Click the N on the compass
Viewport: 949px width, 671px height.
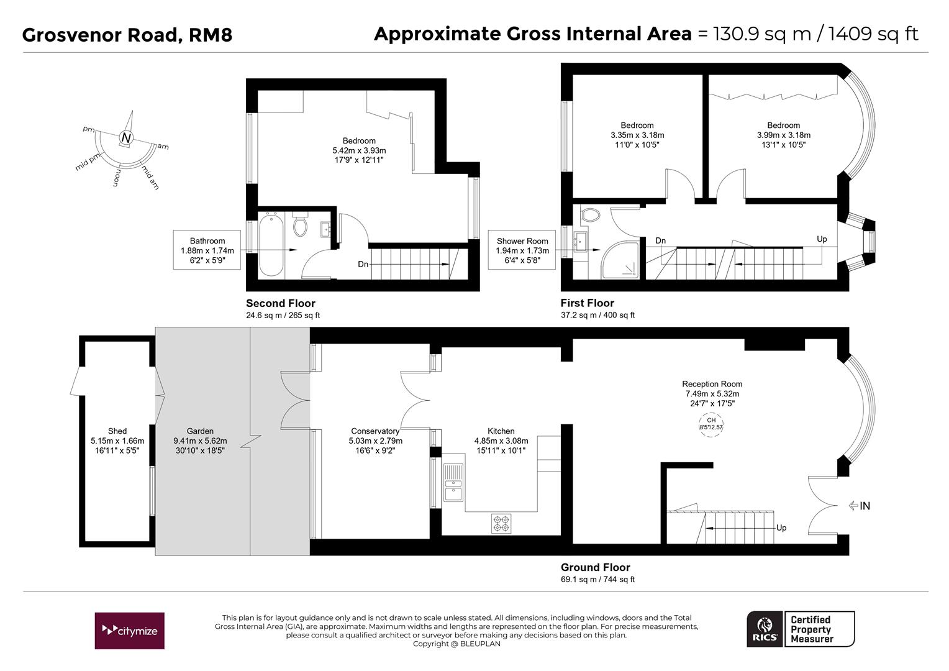(x=126, y=138)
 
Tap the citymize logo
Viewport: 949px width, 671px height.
(x=129, y=631)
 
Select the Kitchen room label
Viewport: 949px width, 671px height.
(x=501, y=431)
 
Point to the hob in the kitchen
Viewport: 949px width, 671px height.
(x=501, y=523)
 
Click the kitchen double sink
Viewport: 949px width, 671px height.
(x=453, y=483)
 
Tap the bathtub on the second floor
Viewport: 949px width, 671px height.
(x=271, y=245)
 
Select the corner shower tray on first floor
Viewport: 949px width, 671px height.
(x=619, y=260)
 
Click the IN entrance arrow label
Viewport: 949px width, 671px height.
(x=860, y=506)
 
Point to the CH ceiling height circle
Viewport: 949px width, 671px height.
(x=711, y=424)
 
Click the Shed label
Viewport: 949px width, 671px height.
(x=117, y=431)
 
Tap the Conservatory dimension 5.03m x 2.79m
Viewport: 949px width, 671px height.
(x=375, y=441)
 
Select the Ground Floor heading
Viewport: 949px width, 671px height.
(x=595, y=567)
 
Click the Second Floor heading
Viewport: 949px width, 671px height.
(x=281, y=303)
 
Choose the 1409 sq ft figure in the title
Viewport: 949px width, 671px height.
(x=873, y=34)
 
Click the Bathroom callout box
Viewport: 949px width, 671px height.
(x=207, y=250)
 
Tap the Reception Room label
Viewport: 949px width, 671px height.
(x=712, y=384)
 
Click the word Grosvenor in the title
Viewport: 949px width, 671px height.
(x=72, y=35)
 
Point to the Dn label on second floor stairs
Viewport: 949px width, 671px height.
(x=363, y=264)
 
